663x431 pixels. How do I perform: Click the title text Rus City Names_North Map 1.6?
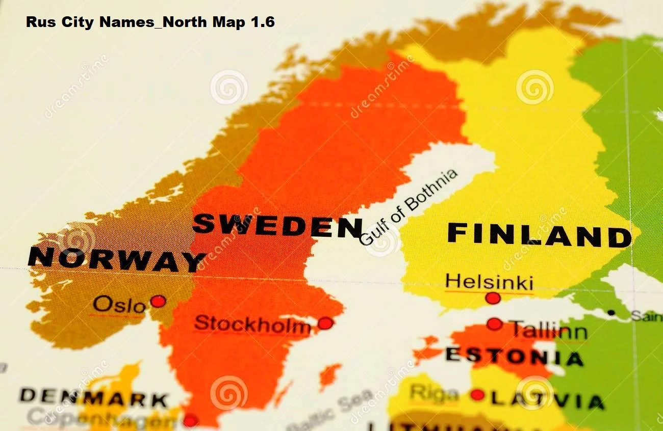[x=150, y=22]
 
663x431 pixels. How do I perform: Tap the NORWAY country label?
[x=116, y=259]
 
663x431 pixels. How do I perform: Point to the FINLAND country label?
[x=539, y=236]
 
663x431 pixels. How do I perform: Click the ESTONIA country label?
[x=514, y=356]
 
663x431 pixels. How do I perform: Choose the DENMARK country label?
[x=94, y=397]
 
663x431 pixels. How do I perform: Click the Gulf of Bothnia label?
[x=408, y=207]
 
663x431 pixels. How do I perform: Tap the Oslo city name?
[x=119, y=305]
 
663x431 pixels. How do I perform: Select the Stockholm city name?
[x=252, y=325]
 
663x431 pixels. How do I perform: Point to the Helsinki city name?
[x=489, y=282]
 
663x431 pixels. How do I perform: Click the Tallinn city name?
[x=549, y=330]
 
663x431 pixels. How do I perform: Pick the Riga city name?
[x=434, y=393]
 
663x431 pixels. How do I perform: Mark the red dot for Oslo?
[x=158, y=301]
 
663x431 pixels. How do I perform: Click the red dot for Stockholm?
[x=325, y=323]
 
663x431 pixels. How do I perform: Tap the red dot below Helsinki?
[x=493, y=298]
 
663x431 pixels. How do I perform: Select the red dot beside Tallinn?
[x=494, y=324]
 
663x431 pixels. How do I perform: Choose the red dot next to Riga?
[x=477, y=395]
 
